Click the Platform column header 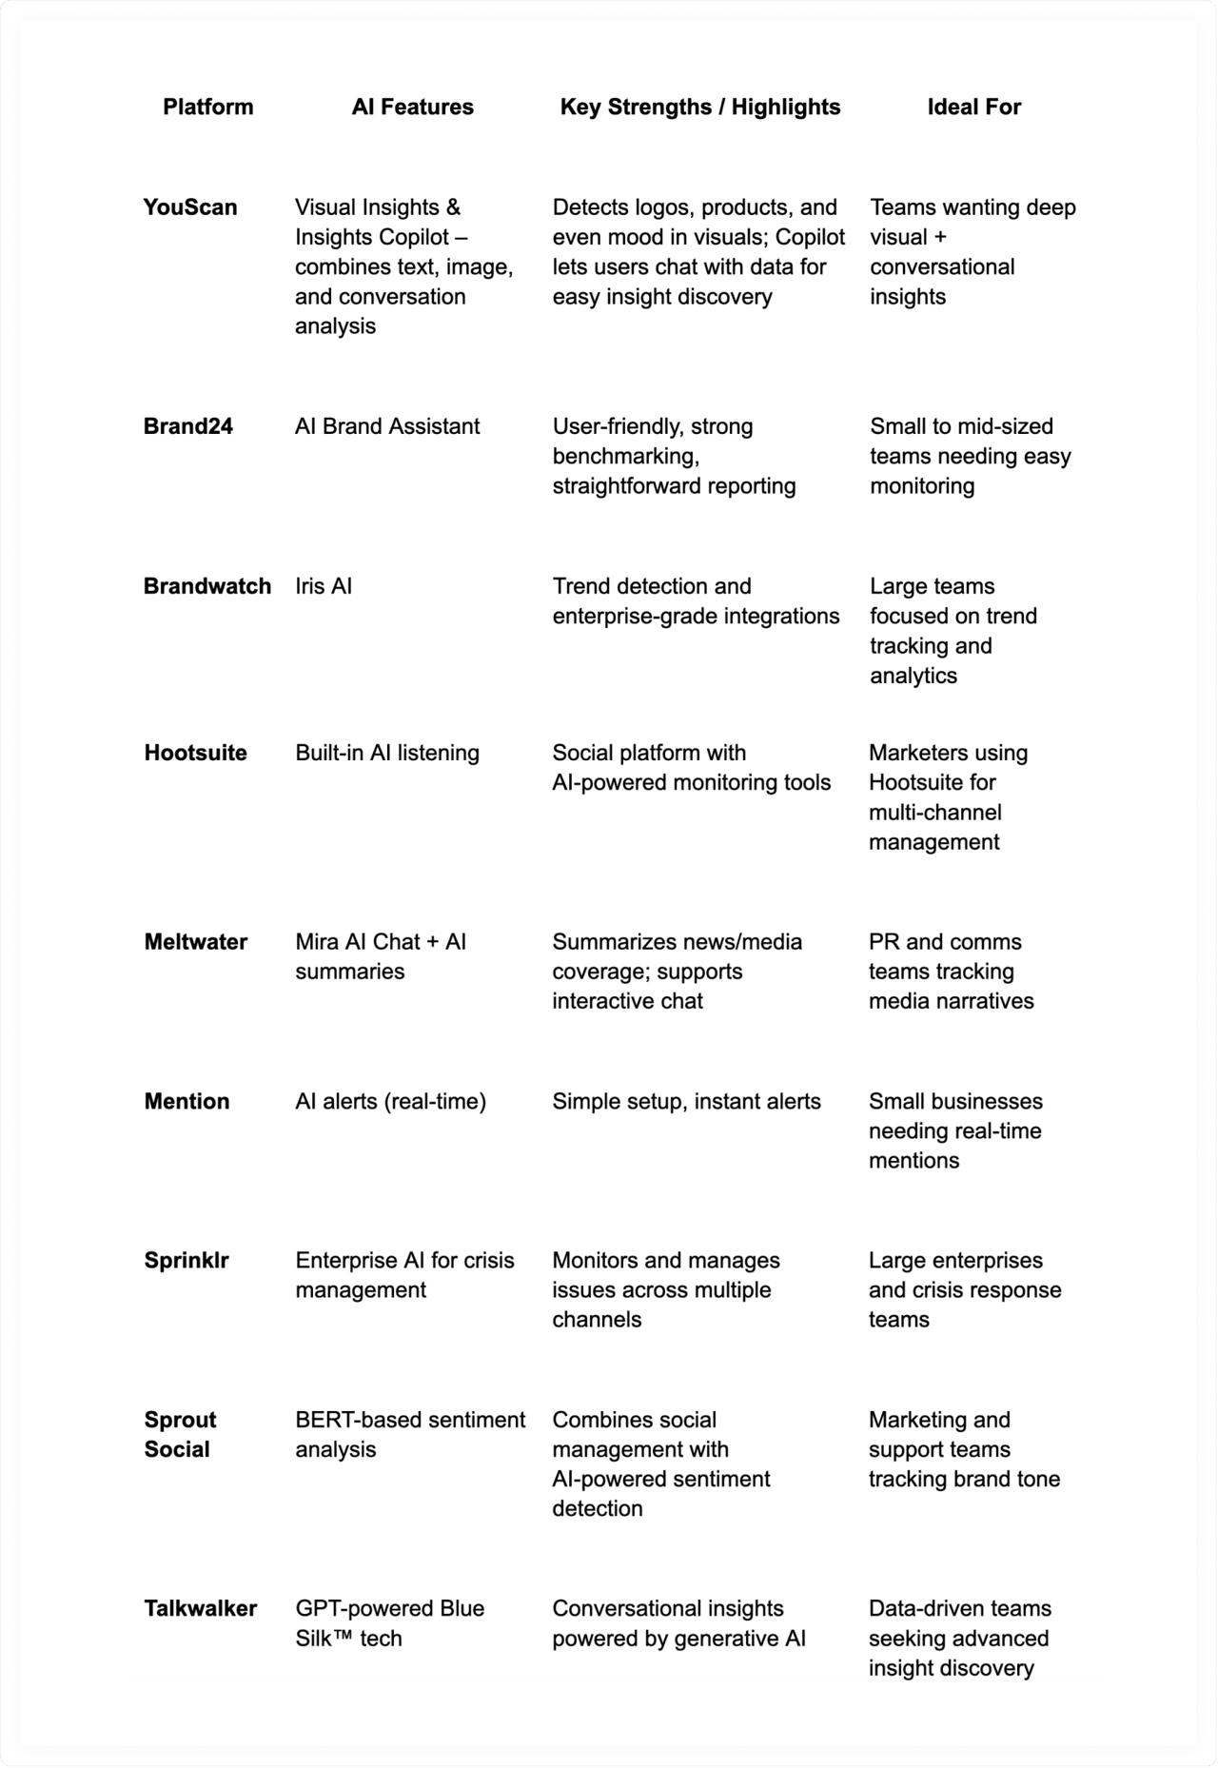pos(207,107)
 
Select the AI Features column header pos(412,107)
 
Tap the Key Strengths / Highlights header pos(699,107)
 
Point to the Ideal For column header pos(973,107)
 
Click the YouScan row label pos(189,207)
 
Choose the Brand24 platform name pos(187,426)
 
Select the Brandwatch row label pos(206,586)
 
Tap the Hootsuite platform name pos(195,753)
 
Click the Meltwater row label pos(195,942)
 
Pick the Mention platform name pos(187,1101)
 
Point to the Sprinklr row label pos(187,1260)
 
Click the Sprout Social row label pos(179,1434)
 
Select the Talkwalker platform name pos(200,1608)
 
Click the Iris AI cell pos(324,586)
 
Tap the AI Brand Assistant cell pos(387,426)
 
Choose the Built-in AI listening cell pos(387,753)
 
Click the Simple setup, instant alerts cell pos(686,1101)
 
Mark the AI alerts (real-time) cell pos(390,1101)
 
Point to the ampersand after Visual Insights pos(453,207)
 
